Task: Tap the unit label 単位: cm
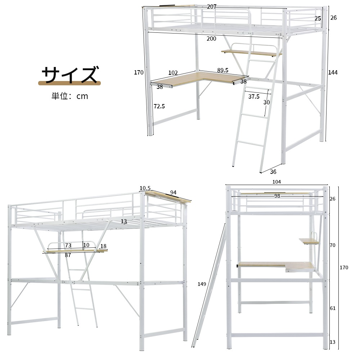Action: coord(70,96)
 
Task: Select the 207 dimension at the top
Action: coord(212,6)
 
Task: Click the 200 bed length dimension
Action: coord(211,39)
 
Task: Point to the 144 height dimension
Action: coord(333,73)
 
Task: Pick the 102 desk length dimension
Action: coord(173,73)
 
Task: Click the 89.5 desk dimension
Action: coord(223,70)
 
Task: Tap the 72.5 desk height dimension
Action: coord(159,106)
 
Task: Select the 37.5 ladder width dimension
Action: coord(254,96)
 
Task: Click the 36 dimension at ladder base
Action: coord(273,172)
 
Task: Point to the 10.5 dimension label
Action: coord(145,188)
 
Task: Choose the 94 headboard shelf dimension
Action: coord(174,192)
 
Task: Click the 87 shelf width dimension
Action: coord(68,255)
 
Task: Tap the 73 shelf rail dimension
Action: coord(68,245)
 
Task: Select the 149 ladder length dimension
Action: coord(202,284)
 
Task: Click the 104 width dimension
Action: coord(276,182)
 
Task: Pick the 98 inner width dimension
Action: coord(277,196)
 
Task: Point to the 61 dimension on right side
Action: coord(333,309)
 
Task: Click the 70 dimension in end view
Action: coord(332,245)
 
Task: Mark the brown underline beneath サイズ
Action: coord(69,83)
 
